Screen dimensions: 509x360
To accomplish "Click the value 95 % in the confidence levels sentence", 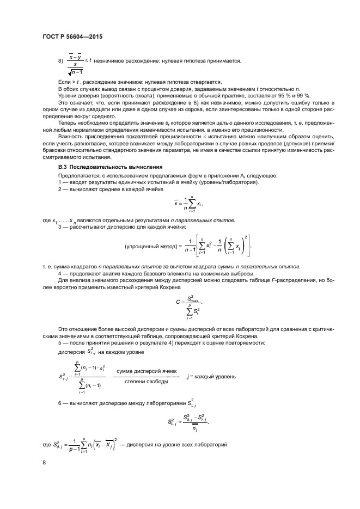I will click(282, 95).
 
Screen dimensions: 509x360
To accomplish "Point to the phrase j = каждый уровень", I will click(211, 376).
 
